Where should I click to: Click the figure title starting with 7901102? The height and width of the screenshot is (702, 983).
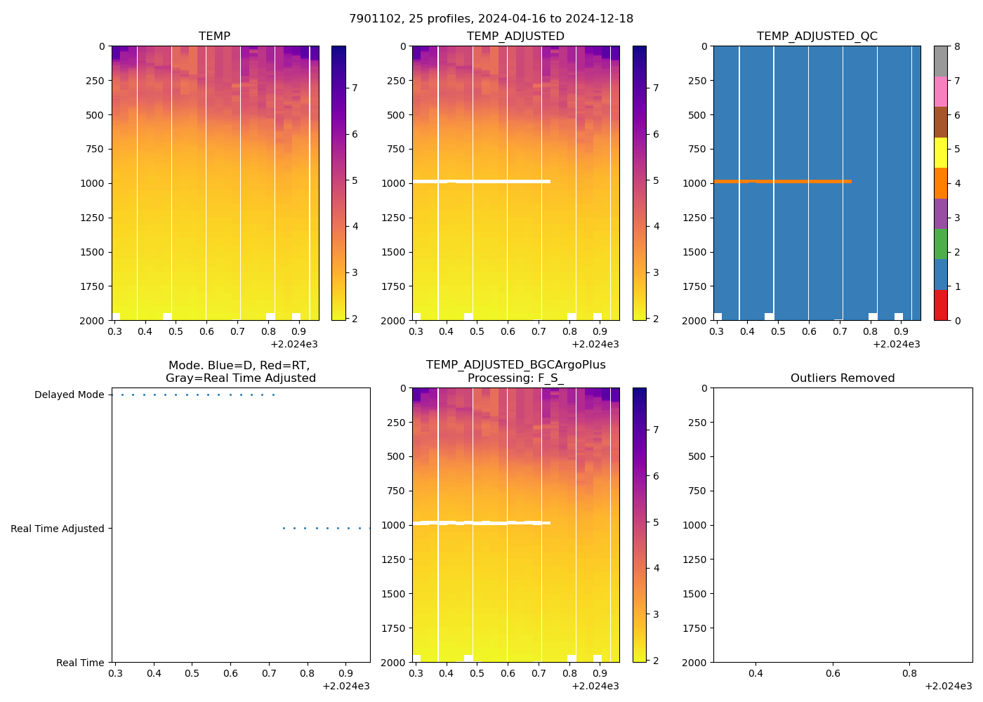(491, 19)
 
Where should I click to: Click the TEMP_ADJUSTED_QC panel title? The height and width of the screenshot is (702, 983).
(817, 36)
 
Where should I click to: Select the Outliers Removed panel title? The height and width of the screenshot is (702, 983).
(842, 378)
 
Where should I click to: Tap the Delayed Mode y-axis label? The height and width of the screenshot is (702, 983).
(69, 395)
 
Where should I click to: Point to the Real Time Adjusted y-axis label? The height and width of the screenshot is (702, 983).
(57, 529)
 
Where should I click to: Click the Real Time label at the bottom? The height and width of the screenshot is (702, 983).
(80, 663)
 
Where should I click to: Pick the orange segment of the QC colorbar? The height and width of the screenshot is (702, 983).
(940, 183)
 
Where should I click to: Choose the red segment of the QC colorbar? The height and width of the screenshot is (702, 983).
(940, 305)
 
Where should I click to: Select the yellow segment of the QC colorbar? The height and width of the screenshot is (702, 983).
(940, 152)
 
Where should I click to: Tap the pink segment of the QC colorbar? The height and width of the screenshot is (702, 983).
(940, 91)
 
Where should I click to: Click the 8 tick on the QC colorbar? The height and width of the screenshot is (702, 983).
(956, 46)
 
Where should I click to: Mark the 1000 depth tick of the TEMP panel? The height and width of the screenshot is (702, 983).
(91, 183)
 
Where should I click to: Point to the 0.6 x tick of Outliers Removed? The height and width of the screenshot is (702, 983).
(832, 674)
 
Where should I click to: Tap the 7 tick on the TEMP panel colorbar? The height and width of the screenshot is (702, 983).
(355, 88)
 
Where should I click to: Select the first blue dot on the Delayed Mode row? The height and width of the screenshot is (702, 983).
(122, 395)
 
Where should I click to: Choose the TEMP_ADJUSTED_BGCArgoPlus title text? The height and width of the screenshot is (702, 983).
(515, 365)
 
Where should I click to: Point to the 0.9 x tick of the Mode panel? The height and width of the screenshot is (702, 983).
(345, 674)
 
